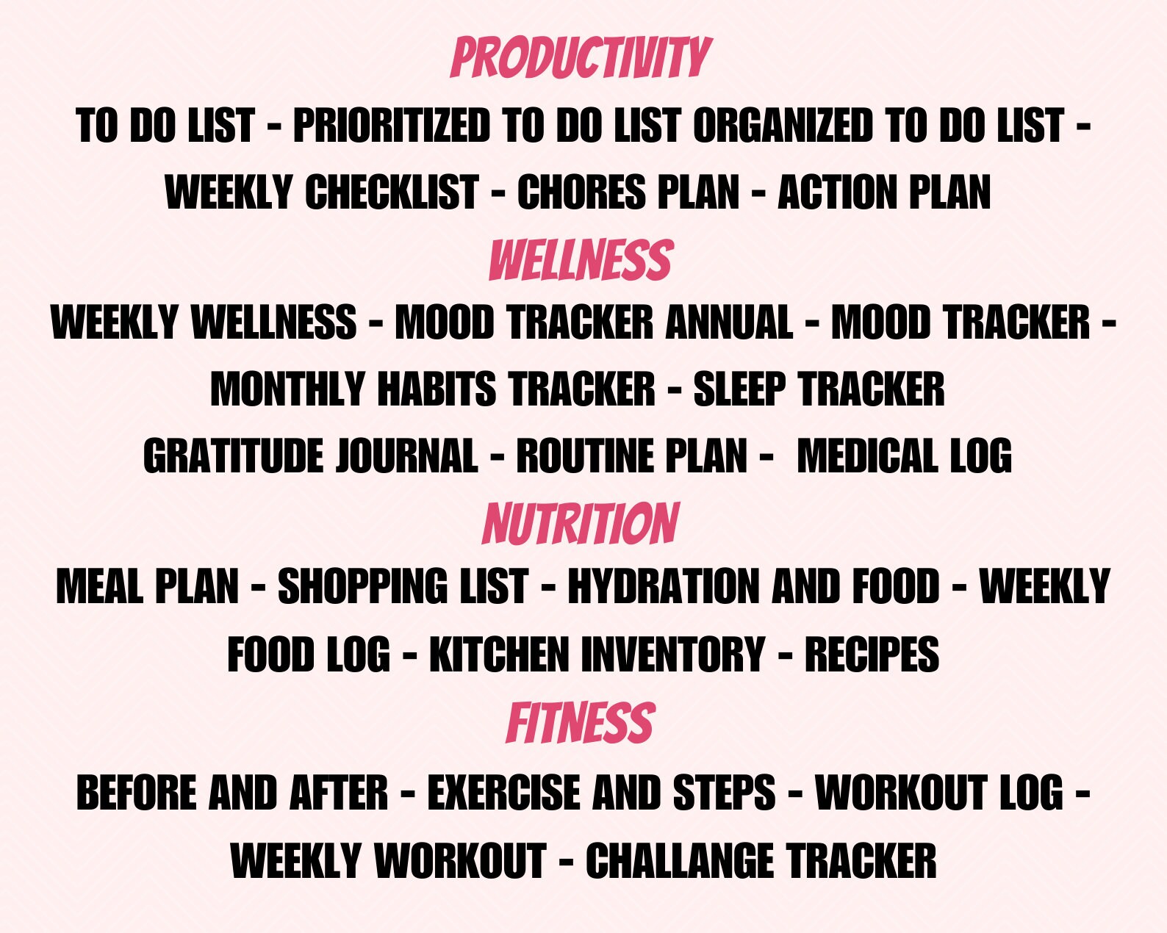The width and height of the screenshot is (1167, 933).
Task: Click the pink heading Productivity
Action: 581,57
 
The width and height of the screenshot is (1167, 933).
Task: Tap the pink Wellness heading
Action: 581,260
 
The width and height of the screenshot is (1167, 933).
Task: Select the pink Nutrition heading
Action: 581,523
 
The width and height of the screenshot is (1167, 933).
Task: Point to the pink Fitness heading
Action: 581,723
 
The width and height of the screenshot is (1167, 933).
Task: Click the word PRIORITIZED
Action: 392,125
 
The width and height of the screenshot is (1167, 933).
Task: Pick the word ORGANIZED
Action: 783,125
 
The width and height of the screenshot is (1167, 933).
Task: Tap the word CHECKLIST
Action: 392,192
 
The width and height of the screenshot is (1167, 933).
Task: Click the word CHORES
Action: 581,192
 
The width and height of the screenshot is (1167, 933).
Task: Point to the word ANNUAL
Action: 729,322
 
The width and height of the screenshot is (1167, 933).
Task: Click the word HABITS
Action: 437,389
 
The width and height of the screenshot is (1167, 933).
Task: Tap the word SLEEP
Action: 740,389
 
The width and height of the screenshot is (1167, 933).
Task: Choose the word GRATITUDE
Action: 233,456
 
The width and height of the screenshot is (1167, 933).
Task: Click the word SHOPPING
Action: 363,586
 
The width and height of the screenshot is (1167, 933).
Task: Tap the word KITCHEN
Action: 499,655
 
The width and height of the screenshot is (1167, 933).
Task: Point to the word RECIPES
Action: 872,655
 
